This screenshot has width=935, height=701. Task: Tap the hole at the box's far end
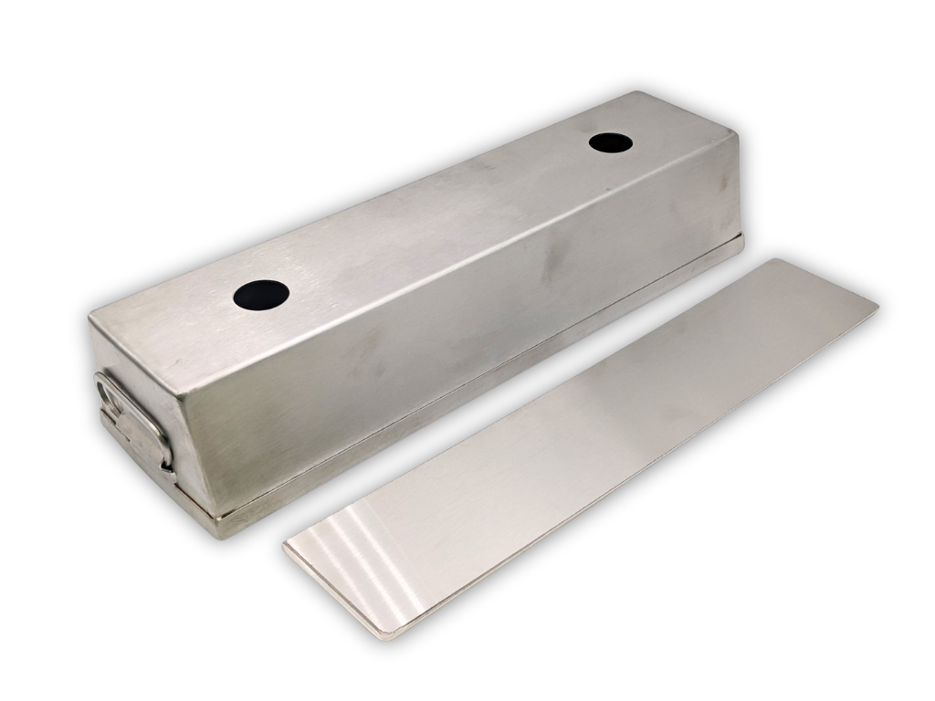[611, 142]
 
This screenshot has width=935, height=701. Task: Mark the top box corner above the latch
[91, 315]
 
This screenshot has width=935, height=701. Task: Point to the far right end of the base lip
[741, 239]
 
